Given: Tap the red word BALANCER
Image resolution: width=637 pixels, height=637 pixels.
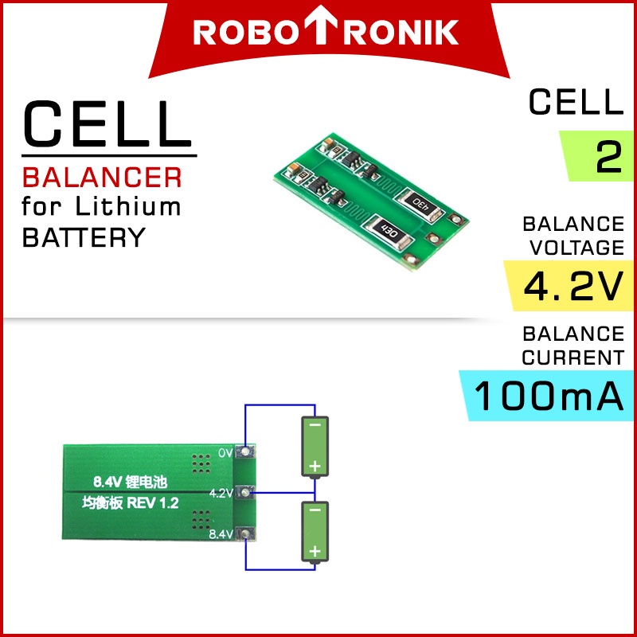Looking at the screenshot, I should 102,176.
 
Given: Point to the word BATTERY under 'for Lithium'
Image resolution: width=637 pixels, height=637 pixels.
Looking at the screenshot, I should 84,237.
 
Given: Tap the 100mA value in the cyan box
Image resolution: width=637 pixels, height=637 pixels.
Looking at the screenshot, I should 549,397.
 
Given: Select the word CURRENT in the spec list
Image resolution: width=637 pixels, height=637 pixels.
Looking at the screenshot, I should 573,358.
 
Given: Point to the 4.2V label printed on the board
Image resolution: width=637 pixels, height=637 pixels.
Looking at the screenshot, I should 221,493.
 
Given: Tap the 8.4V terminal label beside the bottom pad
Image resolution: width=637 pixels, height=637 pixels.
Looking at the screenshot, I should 221,533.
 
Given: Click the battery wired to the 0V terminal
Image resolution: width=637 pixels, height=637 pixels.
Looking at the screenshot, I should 315,446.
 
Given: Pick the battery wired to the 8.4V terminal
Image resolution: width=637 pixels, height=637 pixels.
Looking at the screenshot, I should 315,532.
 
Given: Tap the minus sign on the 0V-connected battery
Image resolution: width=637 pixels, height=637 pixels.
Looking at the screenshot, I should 315,426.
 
